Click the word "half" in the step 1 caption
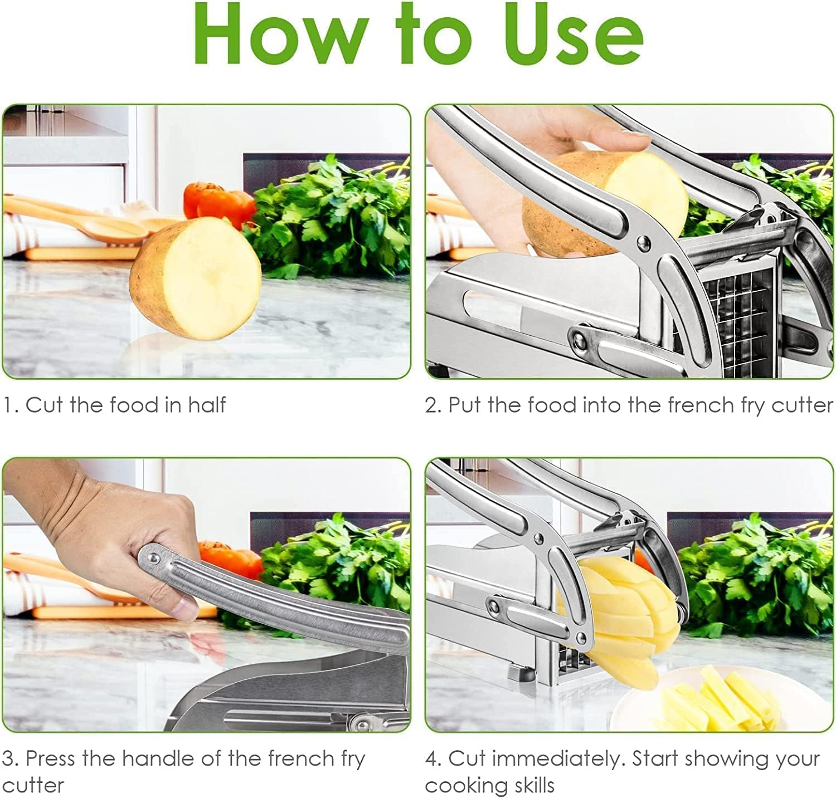pyautogui.click(x=206, y=405)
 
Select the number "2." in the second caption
pyautogui.click(x=434, y=405)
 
